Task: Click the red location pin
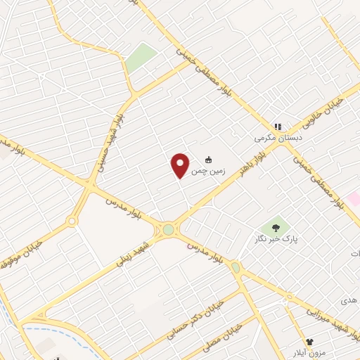pos(181,165)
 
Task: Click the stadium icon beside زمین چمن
pos(208,158)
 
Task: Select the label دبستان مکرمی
pos(278,139)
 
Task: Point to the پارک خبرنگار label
pos(276,239)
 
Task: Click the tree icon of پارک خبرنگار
pos(276,227)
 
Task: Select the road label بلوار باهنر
pos(268,146)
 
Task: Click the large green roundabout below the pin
pos(168,229)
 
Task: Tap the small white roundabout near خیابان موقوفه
pos(71,221)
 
